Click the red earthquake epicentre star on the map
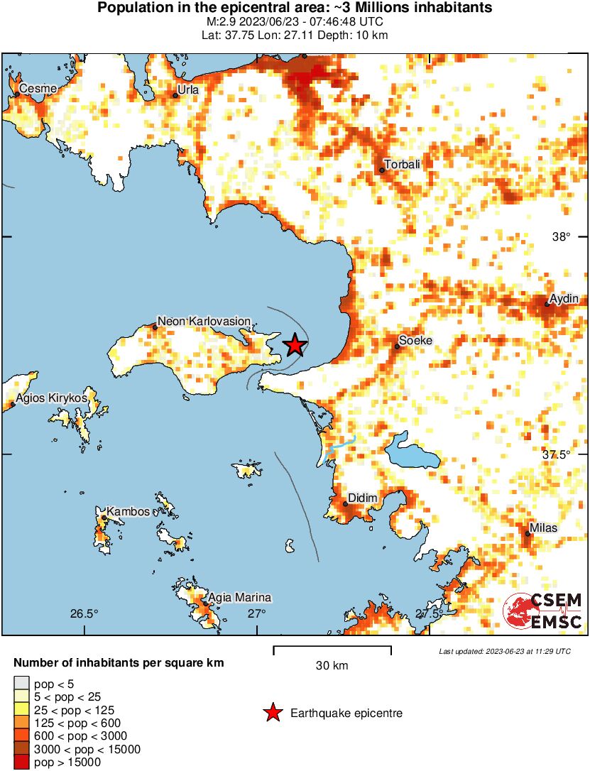[x=295, y=346]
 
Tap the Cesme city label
[x=33, y=88]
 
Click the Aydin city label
[x=565, y=299]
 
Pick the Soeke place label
[x=416, y=341]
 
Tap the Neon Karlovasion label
[x=199, y=322]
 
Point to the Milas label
[x=544, y=528]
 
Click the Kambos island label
[x=128, y=511]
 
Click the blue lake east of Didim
[x=411, y=452]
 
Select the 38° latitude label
[x=562, y=237]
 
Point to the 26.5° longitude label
[x=84, y=613]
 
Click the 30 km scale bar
[x=332, y=648]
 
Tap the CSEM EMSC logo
[x=543, y=611]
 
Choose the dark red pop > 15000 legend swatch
[x=21, y=762]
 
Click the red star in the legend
[x=273, y=713]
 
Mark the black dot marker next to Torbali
[x=382, y=170]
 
